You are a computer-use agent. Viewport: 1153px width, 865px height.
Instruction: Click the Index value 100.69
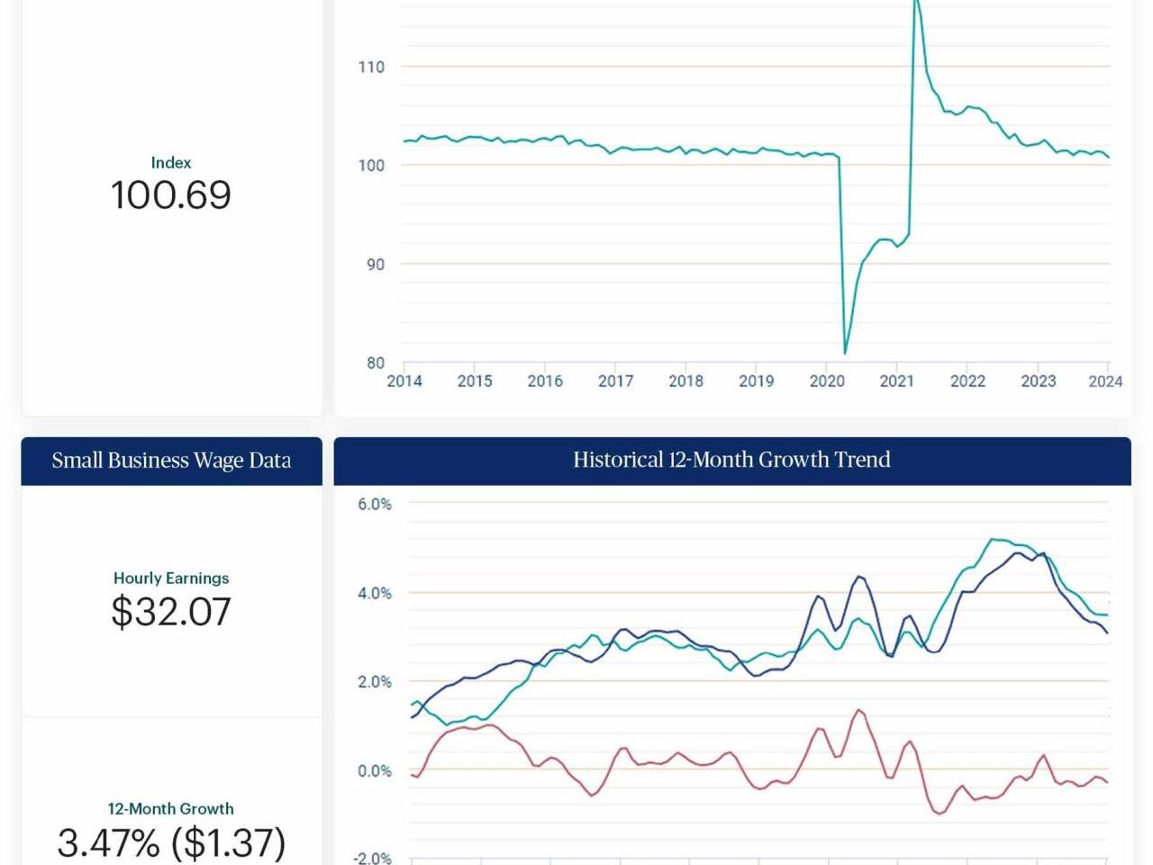171,195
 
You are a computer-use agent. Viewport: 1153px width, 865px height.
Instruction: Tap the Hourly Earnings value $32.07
171,611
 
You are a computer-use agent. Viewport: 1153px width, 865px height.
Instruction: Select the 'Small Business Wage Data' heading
171,460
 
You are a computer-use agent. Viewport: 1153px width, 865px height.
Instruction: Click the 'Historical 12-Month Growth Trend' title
731,460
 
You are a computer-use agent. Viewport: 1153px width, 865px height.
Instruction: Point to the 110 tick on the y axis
371,67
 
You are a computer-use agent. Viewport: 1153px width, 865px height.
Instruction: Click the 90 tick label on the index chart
376,264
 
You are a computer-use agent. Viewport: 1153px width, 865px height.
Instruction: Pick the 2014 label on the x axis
404,381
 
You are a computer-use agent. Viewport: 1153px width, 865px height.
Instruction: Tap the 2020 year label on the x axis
827,381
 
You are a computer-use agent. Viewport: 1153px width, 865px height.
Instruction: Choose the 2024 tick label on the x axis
1105,381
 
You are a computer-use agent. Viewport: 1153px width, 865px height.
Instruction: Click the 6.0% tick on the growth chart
375,505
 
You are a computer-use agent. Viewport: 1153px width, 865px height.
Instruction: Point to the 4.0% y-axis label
375,594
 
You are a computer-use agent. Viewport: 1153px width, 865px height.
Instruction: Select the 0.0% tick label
375,771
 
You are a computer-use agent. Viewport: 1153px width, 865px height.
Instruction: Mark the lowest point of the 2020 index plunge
845,353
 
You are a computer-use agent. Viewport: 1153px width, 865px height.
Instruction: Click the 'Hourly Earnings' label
171,578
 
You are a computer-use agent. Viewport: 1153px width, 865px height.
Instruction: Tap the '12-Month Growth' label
171,808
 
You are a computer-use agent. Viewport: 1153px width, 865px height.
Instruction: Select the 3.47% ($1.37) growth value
171,842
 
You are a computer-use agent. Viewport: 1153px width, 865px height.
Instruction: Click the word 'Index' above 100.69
171,163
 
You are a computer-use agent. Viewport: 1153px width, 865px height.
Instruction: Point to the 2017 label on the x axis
615,381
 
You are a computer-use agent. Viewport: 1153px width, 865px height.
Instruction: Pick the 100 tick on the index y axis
371,166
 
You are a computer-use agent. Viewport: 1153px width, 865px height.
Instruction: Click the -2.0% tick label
372,858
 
